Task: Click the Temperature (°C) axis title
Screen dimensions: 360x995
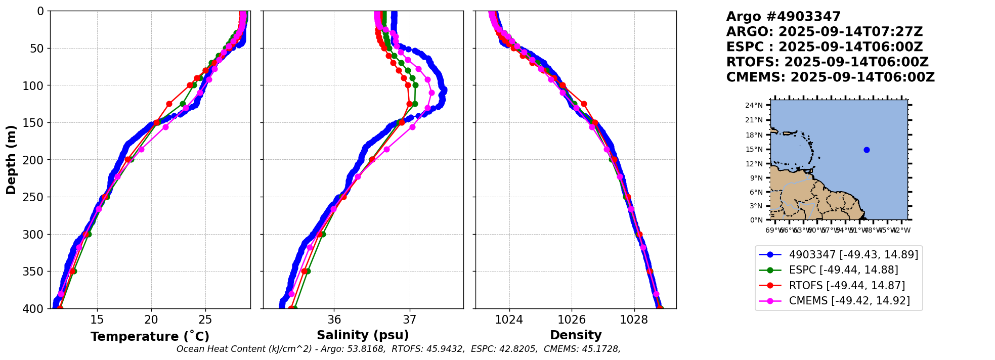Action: (150, 337)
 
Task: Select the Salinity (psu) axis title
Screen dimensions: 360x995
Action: (363, 335)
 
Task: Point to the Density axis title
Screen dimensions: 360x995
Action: (576, 335)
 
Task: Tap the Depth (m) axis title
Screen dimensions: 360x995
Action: (11, 159)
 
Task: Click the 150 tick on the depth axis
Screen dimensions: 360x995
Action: (36, 123)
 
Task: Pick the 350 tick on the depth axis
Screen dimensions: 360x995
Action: (36, 272)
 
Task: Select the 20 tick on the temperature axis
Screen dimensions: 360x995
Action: (151, 320)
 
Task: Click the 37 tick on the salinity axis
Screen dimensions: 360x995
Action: (410, 320)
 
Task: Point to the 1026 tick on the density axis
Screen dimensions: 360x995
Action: (572, 320)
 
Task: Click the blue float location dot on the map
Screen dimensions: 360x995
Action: (867, 150)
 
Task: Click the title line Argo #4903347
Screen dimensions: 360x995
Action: (783, 17)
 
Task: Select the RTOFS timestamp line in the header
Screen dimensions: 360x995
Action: (827, 62)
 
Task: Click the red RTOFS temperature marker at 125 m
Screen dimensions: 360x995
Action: (169, 104)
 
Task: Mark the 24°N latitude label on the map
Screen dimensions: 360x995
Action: (754, 105)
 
